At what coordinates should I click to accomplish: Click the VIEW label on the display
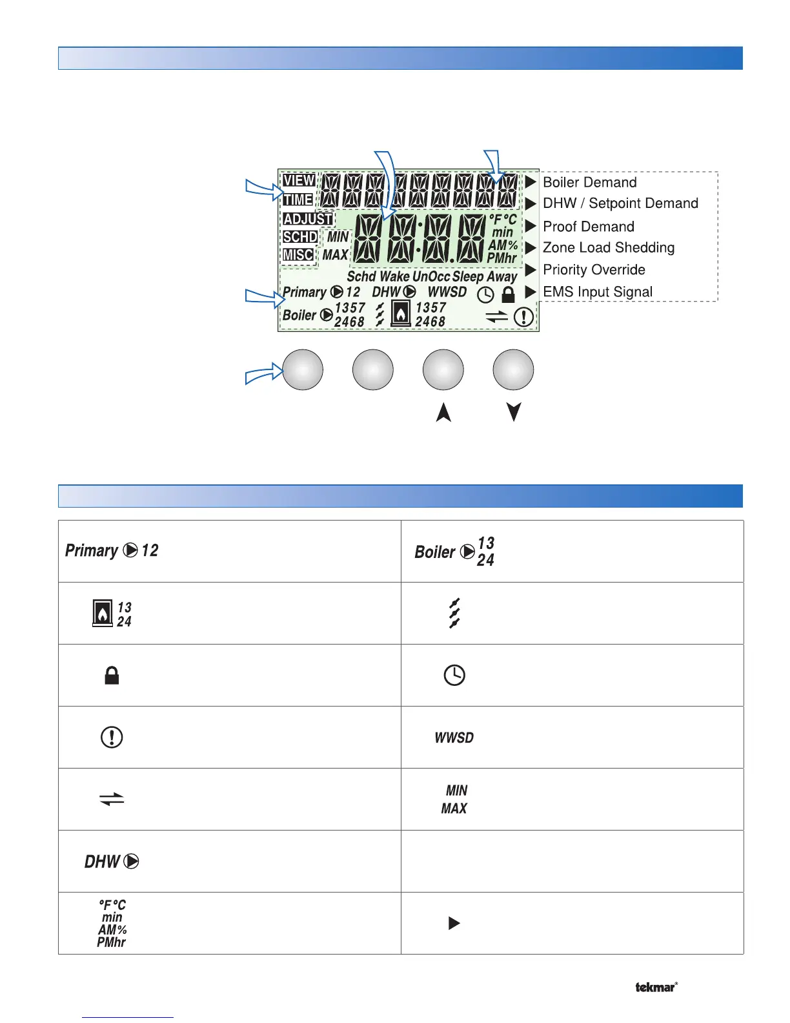(299, 181)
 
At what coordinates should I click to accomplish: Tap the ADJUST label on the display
(307, 219)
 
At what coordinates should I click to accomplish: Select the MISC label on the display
(298, 255)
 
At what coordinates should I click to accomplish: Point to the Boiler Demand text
(589, 182)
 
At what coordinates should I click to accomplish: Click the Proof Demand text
(588, 227)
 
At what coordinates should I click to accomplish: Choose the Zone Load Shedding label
(608, 248)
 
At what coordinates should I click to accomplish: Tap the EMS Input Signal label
(597, 292)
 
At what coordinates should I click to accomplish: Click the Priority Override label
(594, 270)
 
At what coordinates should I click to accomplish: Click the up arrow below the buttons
(443, 412)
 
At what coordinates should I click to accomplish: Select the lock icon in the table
(112, 676)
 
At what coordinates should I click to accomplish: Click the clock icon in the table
(454, 676)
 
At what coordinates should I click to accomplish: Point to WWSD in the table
(454, 738)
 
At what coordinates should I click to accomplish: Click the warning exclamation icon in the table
(112, 738)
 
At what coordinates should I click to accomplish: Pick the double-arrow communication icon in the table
(112, 800)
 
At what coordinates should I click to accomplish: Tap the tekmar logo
(656, 987)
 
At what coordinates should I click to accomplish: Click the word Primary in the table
(92, 550)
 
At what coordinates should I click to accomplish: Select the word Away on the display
(502, 277)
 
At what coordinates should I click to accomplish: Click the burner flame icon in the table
(102, 614)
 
